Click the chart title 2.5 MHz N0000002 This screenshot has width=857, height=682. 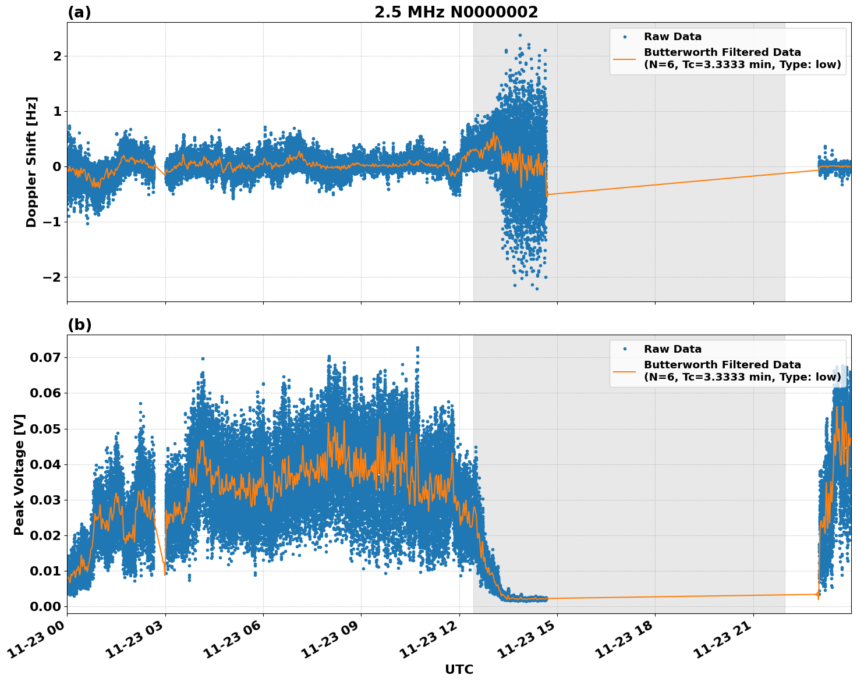click(x=456, y=12)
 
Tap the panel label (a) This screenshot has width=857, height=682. click(x=79, y=12)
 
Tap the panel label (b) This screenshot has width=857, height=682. click(x=79, y=325)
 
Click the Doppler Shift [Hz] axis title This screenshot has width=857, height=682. click(x=31, y=162)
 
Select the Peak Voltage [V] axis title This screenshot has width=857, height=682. click(x=19, y=474)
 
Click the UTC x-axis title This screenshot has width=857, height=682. click(x=459, y=669)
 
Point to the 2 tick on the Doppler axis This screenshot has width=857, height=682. click(x=57, y=56)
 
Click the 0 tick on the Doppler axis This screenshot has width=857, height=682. click(x=57, y=166)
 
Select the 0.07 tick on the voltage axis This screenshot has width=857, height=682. click(x=45, y=357)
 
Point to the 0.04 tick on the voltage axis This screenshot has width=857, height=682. click(x=45, y=464)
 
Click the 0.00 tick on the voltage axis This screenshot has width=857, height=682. click(x=45, y=606)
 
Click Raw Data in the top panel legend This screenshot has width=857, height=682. click(x=672, y=37)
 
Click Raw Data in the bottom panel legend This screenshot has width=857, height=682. click(x=672, y=349)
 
